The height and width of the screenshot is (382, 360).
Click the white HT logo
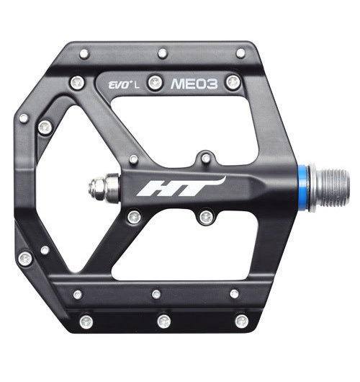(181, 187)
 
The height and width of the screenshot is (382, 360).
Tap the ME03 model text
(195, 84)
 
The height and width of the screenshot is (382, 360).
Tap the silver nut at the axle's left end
(96, 190)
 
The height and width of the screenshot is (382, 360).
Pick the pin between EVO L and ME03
(154, 84)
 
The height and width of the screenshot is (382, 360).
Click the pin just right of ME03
(233, 83)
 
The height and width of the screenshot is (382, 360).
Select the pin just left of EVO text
(78, 82)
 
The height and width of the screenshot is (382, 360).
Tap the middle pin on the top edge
(163, 53)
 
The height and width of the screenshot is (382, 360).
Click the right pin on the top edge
(240, 53)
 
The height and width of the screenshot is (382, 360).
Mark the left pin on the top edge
(85, 53)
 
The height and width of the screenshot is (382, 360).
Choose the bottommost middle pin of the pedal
(163, 321)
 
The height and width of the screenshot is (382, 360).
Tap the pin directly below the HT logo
(206, 217)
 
